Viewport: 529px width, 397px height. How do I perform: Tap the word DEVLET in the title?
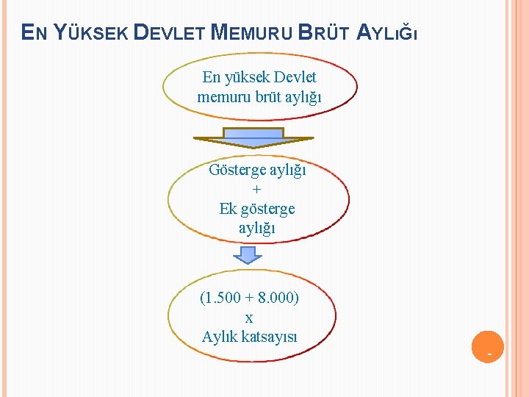pos(170,32)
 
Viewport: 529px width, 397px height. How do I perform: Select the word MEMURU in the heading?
pos(252,32)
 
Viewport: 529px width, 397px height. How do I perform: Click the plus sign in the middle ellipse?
pos(256,190)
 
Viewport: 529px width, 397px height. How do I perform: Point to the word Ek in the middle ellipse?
pos(228,209)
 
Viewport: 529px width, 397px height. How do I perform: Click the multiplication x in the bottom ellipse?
pos(249,318)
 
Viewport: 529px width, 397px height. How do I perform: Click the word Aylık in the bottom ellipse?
pos(218,337)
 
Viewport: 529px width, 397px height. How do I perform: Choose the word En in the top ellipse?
pos(212,77)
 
